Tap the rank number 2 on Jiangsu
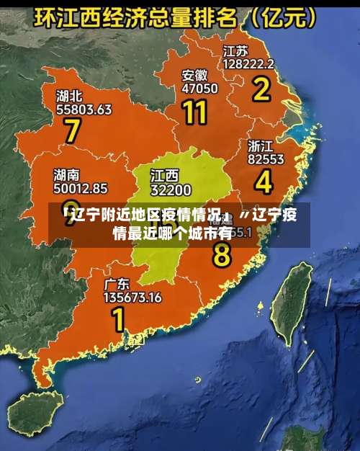tap(260, 90)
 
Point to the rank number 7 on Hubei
tap(72, 131)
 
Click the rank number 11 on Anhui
tap(195, 112)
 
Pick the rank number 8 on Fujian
tap(222, 254)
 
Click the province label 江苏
tap(235, 51)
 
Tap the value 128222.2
tap(248, 64)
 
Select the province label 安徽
tap(194, 75)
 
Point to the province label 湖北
tap(70, 96)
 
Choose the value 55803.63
tap(84, 110)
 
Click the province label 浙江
tap(261, 145)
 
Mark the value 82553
tap(266, 158)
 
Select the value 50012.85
tap(81, 189)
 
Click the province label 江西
tap(164, 176)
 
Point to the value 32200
tap(171, 190)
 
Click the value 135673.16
tap(132, 296)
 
